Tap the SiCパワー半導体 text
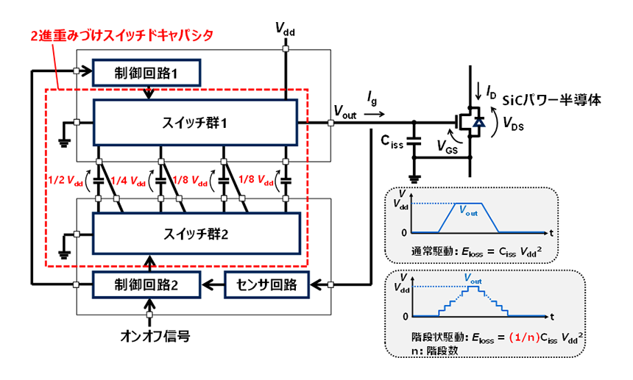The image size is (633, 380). pyautogui.click(x=548, y=99)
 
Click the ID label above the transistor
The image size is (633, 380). pyautogui.click(x=491, y=92)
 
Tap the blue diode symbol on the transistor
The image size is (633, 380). pyautogui.click(x=479, y=123)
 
